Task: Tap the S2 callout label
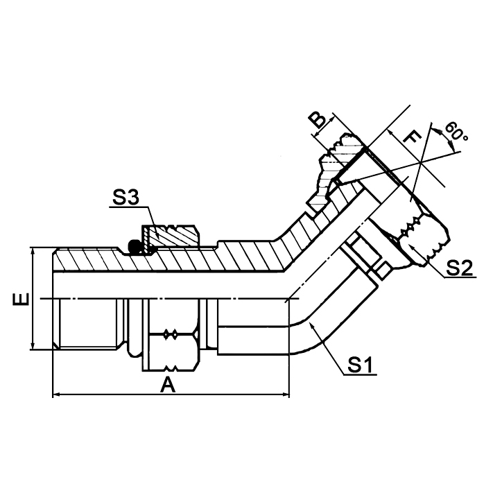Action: pyautogui.click(x=459, y=267)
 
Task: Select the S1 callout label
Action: pyautogui.click(x=361, y=364)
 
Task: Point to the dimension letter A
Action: pyautogui.click(x=167, y=386)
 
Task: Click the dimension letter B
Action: pyautogui.click(x=318, y=120)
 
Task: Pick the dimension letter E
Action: pyautogui.click(x=22, y=299)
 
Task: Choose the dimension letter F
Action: pyautogui.click(x=411, y=137)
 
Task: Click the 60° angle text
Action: pyautogui.click(x=458, y=131)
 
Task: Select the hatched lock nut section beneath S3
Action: pyautogui.click(x=170, y=236)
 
